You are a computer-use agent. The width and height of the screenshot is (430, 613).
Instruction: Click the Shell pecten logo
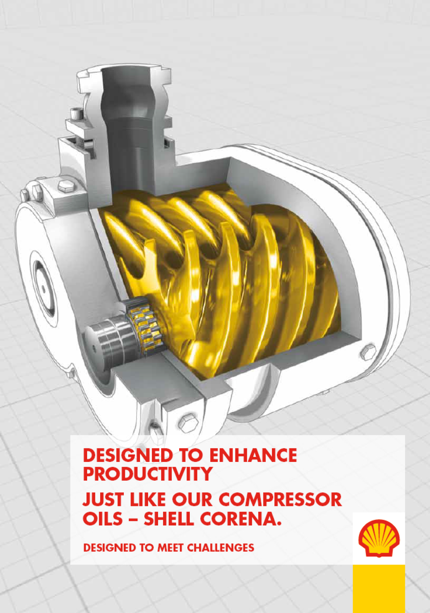point(379,538)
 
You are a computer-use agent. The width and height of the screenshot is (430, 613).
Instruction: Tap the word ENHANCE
point(253,456)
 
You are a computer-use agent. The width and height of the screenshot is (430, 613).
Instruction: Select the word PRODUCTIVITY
point(147,474)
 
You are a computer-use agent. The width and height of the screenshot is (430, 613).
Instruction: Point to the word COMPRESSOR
point(280,500)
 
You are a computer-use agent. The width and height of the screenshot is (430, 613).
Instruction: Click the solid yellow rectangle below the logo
point(379,588)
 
